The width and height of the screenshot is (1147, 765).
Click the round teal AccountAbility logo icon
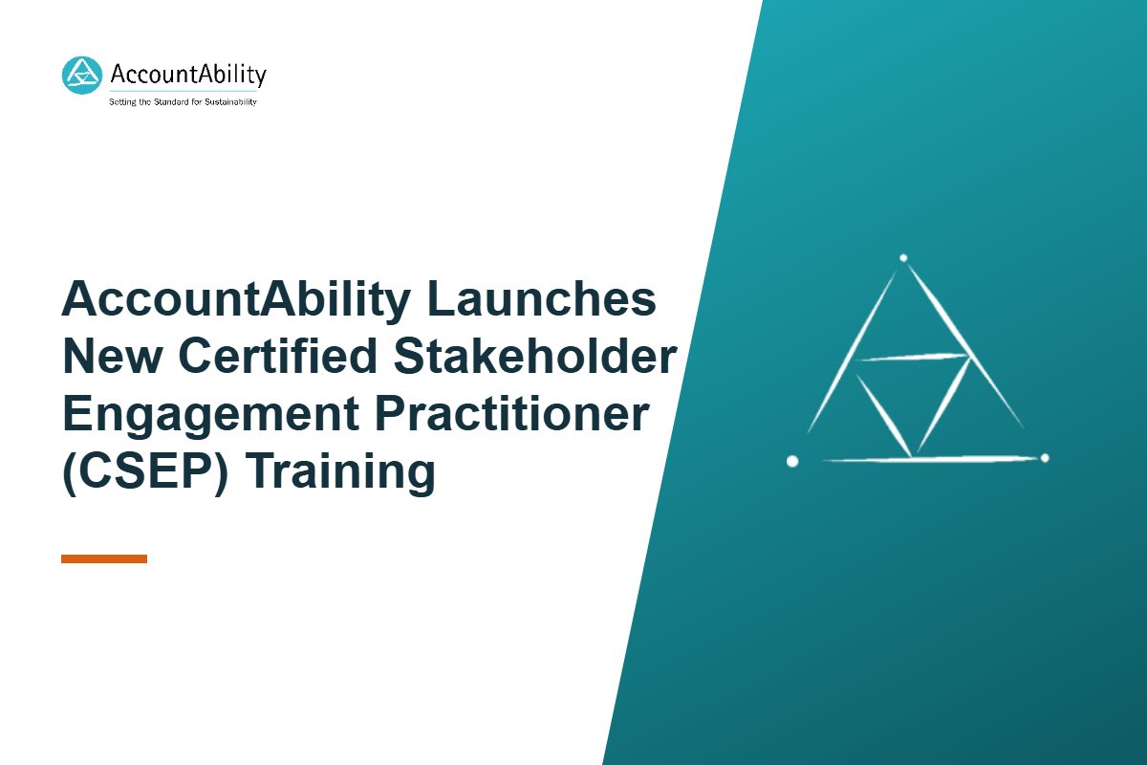click(x=82, y=76)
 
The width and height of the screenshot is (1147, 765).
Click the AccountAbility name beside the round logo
click(x=188, y=75)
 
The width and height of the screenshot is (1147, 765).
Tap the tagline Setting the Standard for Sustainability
click(x=183, y=102)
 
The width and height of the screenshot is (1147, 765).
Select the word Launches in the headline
click(x=541, y=298)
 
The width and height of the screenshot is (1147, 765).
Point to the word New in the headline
click(x=113, y=356)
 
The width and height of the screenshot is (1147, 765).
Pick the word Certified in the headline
click(x=278, y=355)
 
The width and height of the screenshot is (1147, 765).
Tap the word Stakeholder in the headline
click(x=535, y=356)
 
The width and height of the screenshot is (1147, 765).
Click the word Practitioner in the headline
click(x=512, y=413)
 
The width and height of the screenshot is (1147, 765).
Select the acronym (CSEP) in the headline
click(x=145, y=472)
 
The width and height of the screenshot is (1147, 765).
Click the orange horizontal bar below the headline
click(x=104, y=558)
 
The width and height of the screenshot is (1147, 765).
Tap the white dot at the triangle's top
click(x=903, y=258)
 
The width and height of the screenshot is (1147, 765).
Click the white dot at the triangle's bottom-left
click(x=792, y=461)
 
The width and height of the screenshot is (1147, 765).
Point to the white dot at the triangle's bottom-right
click(x=1045, y=457)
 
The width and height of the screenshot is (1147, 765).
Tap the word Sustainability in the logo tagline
click(x=230, y=102)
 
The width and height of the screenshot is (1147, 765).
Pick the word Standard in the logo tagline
click(x=171, y=102)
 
